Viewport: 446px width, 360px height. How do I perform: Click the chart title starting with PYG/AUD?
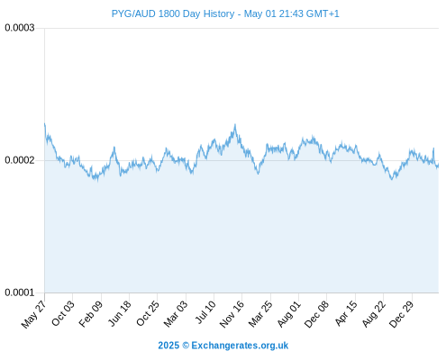coord(225,13)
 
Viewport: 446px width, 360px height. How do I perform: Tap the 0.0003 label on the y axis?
coord(20,28)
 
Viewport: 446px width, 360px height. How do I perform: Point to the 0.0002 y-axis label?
coord(20,160)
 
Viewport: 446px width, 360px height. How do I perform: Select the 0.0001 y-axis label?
coord(20,292)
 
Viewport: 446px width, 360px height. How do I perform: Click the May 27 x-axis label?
coord(34,314)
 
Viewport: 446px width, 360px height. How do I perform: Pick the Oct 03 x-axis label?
coord(63,313)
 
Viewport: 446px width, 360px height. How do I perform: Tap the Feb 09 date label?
coord(91,314)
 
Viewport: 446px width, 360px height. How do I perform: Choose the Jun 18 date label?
coord(120,313)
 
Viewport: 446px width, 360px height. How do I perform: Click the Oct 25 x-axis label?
coord(148,313)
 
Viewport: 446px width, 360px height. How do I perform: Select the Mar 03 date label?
coord(176,314)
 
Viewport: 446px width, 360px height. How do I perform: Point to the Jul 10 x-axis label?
coord(205,312)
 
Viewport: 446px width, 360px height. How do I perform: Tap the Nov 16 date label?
coord(232,314)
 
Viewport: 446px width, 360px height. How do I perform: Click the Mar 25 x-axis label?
coord(260,314)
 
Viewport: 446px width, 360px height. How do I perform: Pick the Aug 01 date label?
coord(288,314)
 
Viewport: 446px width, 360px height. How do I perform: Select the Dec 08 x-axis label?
coord(316,314)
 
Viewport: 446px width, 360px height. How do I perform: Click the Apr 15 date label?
coord(346,313)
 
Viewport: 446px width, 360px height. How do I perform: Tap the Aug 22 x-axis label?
coord(373,314)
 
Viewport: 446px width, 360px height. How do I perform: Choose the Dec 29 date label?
coord(402,314)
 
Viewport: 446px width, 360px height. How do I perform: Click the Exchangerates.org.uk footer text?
coord(240,346)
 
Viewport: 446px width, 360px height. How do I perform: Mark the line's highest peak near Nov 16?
coord(235,124)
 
